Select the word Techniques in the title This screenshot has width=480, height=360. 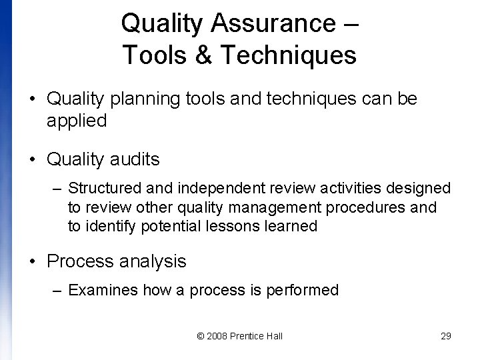click(287, 55)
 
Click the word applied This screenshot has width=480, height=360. click(77, 121)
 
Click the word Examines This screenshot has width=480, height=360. click(98, 290)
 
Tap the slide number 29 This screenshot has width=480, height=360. click(446, 336)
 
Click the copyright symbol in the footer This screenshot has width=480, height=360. click(201, 336)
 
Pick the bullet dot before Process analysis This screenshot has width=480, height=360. click(33, 261)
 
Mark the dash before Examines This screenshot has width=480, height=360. click(59, 290)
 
